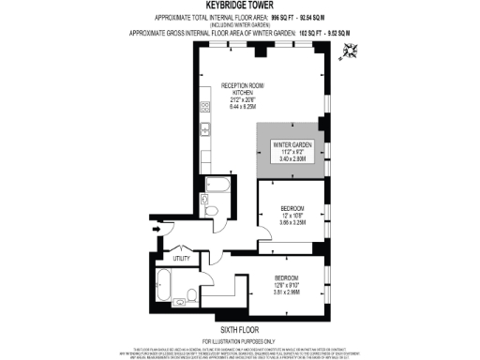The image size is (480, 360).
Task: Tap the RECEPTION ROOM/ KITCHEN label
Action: click(x=243, y=89)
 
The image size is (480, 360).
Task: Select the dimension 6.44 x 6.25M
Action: click(x=243, y=109)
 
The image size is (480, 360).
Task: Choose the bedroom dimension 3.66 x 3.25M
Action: click(x=292, y=223)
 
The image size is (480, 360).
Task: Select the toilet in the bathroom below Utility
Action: click(x=190, y=296)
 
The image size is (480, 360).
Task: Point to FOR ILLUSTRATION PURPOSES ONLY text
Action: click(x=240, y=340)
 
